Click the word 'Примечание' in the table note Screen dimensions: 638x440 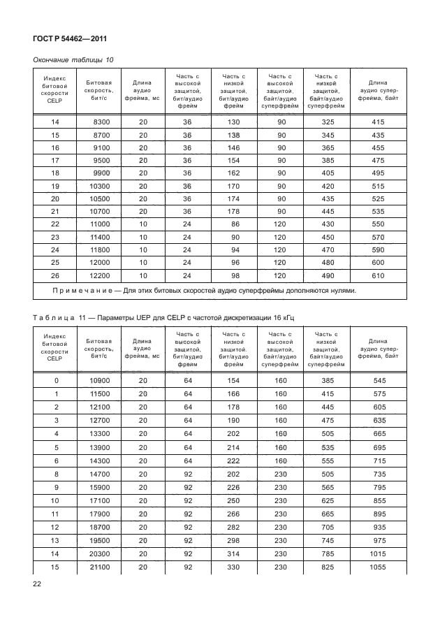tap(81, 291)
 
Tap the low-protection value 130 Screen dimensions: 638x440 tap(234, 122)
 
